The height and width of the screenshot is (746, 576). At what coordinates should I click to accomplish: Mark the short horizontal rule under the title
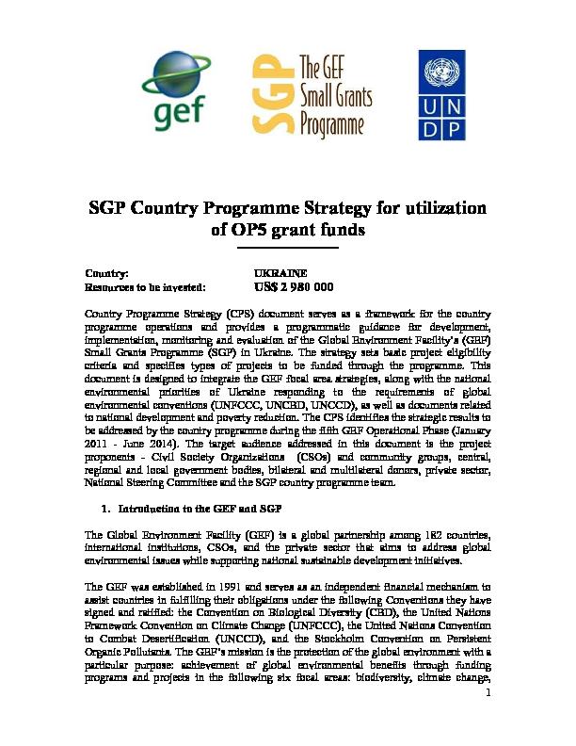click(x=286, y=249)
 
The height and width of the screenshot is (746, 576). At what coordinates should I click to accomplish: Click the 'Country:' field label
click(x=107, y=272)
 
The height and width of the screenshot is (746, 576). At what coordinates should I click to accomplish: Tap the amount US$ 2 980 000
click(x=295, y=287)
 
